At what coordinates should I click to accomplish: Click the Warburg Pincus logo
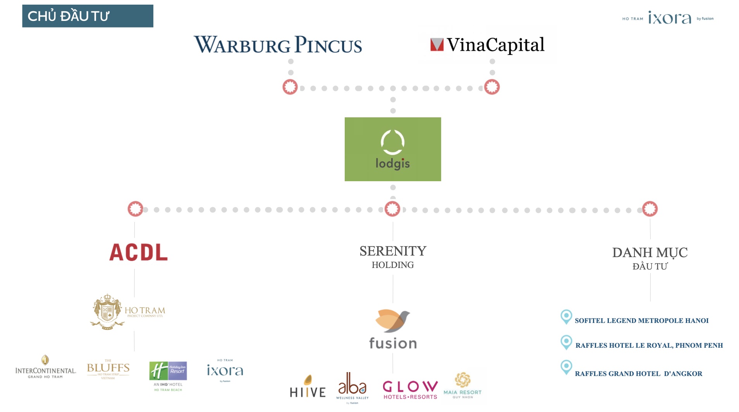[278, 45]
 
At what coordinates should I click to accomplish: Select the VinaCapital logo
[487, 45]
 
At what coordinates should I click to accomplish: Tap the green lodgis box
[393, 149]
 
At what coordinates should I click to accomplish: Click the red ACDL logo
[138, 252]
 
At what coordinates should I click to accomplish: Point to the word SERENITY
[393, 251]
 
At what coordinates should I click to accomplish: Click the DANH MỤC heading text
[650, 252]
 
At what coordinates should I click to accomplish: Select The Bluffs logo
[108, 369]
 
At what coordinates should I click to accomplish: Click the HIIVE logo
[308, 387]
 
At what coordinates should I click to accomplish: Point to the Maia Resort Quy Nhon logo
[462, 385]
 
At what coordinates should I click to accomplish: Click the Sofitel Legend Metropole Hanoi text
[641, 321]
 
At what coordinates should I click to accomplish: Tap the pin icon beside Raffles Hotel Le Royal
[566, 342]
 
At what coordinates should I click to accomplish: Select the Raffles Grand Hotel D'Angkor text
[638, 374]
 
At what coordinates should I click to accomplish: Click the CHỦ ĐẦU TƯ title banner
[88, 16]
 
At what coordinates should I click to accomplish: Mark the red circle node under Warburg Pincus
[290, 87]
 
